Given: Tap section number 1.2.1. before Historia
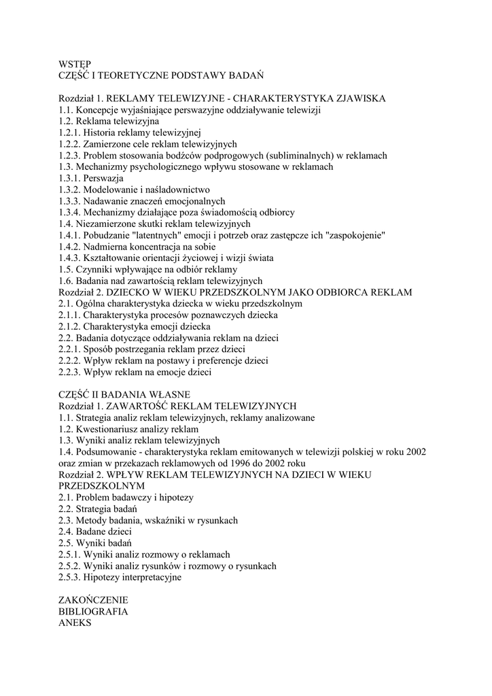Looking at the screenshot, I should [x=71, y=133].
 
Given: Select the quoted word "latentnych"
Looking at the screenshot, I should [x=158, y=235].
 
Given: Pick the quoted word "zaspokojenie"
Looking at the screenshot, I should [x=357, y=235].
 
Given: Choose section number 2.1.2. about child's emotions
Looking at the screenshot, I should [x=71, y=326].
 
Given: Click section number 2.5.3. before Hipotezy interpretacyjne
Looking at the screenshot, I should [x=71, y=578].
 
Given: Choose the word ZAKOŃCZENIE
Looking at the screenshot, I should [x=94, y=600].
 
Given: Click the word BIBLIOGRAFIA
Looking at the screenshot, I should [x=94, y=612].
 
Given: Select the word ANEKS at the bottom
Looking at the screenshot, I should [x=75, y=623].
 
